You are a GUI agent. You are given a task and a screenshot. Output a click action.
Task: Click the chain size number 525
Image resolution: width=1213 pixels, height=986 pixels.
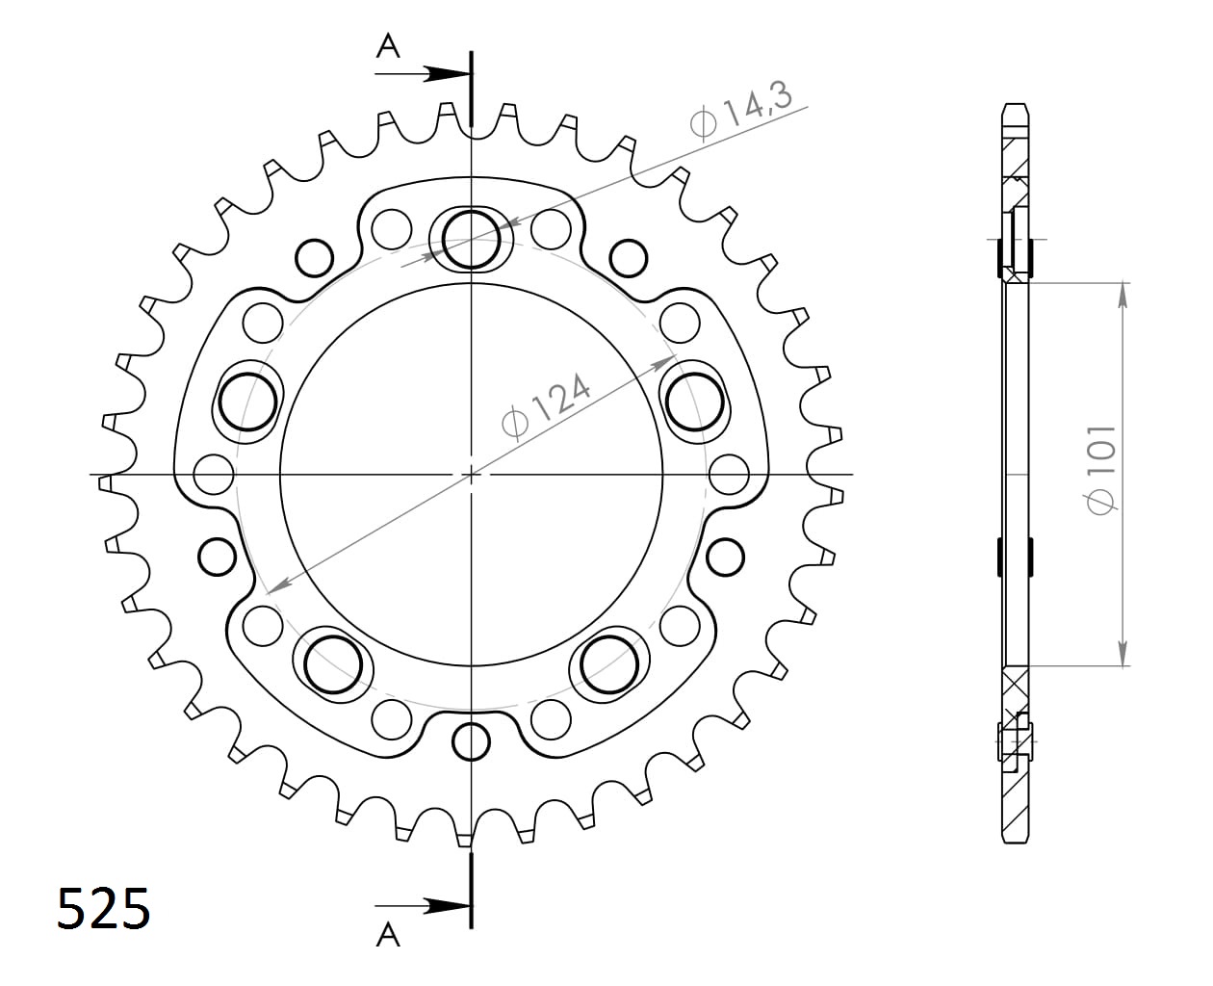coord(104,909)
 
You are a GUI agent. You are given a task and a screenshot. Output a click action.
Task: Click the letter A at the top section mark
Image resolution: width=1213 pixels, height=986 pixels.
coord(388,45)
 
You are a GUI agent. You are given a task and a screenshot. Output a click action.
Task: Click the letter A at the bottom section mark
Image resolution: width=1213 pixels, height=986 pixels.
coord(388,933)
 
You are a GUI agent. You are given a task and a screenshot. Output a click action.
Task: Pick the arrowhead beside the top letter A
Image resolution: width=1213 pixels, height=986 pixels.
coord(447,73)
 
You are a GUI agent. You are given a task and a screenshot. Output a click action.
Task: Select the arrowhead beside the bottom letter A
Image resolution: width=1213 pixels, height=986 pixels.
coord(447,905)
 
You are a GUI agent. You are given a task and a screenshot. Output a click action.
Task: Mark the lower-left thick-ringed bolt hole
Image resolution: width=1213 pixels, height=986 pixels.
coord(333,663)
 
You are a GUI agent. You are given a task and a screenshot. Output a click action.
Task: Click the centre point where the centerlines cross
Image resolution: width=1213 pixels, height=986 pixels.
coord(471,474)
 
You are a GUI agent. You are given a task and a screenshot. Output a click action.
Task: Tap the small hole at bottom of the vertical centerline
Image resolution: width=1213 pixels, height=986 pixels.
coord(471,741)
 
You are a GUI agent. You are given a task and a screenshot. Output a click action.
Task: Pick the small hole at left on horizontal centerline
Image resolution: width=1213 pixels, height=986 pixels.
coord(214,474)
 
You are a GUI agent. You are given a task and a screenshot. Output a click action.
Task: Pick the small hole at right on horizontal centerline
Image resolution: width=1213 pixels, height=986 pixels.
coord(729,474)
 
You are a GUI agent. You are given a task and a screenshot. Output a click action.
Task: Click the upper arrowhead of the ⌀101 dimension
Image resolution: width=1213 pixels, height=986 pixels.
coord(1123,293)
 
